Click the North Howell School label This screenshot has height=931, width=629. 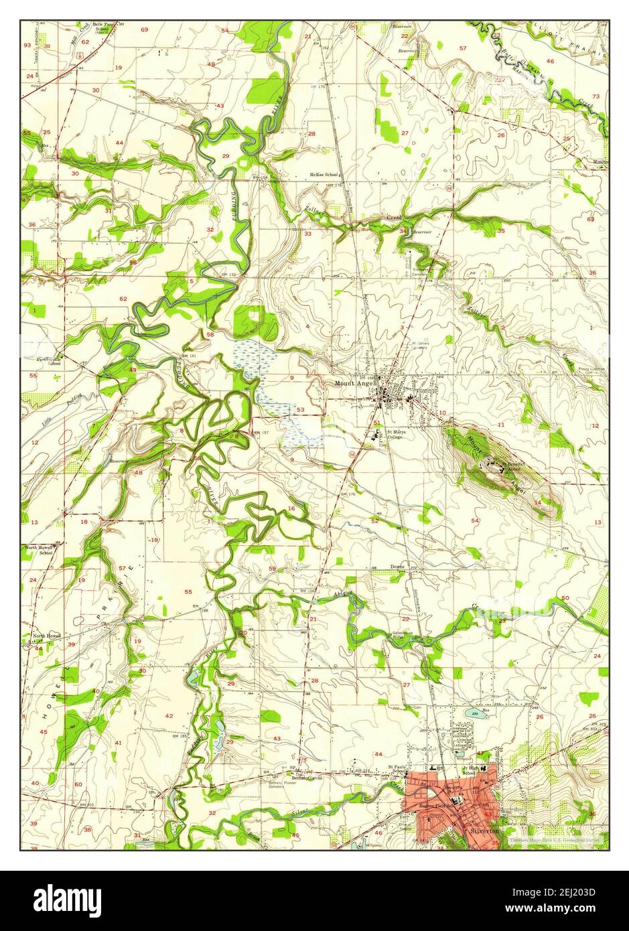[x=39, y=550]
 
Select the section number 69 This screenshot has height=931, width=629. [x=144, y=30]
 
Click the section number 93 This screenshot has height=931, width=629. [x=27, y=46]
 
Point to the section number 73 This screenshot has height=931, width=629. [x=596, y=97]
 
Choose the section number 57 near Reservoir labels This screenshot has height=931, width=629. [x=463, y=48]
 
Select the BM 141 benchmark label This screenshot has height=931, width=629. [x=188, y=356]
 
